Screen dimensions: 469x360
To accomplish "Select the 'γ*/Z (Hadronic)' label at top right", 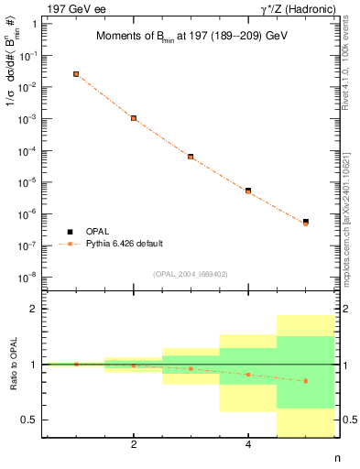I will point(298,7).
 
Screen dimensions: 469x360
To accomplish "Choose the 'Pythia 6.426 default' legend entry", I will point(123,244).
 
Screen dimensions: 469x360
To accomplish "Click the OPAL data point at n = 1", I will point(76,74).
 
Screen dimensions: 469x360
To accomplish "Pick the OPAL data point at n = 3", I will point(191,157).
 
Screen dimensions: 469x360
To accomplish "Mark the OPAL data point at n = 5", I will point(306,222).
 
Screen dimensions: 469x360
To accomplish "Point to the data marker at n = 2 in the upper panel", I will point(134,118).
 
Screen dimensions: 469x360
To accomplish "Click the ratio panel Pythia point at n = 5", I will point(306,380).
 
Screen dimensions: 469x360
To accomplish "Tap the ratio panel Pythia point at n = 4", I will point(248,374).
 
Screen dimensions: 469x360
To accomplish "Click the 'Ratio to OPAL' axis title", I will point(14,364).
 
